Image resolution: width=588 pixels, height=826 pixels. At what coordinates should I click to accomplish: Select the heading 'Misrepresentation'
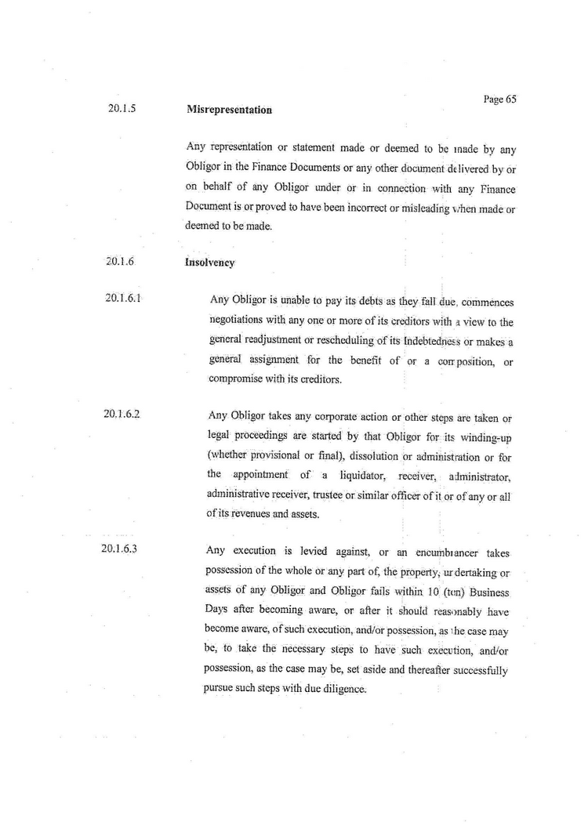229,110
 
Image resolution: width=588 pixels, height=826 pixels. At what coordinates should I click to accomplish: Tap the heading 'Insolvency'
210,263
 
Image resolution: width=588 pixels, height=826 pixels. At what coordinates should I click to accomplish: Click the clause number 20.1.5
122,109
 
